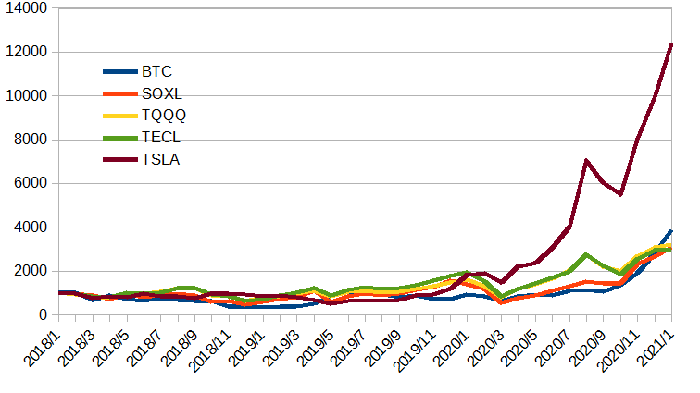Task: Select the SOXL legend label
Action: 160,93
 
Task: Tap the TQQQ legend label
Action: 163,116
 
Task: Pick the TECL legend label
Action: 161,138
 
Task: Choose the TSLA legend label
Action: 161,160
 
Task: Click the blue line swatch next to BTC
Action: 119,71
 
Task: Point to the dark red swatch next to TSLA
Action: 119,160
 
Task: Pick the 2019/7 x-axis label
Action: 338,348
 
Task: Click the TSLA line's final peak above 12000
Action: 670,44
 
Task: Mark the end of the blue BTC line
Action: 670,231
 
